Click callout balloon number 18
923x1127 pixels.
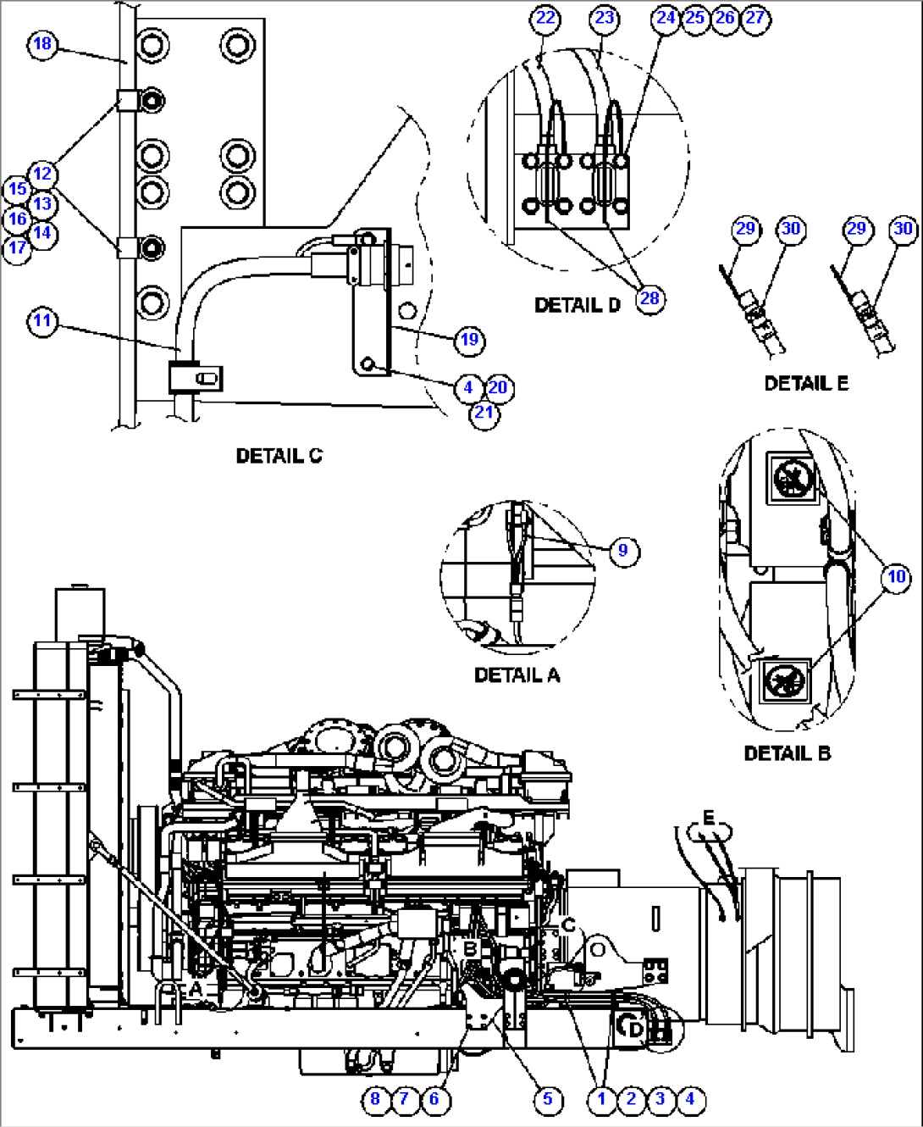[42, 43]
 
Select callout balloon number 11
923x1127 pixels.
[42, 321]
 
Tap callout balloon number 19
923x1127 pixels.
[469, 340]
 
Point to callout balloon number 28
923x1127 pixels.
[649, 298]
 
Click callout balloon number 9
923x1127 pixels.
[623, 551]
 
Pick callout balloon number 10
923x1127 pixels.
[896, 577]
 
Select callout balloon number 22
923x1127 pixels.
[546, 18]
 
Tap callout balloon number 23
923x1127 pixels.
[605, 18]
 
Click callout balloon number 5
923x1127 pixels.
[547, 1099]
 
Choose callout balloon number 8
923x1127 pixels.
[375, 1099]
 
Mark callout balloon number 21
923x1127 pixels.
[484, 413]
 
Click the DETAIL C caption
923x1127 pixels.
[279, 456]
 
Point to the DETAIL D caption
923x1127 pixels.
[577, 305]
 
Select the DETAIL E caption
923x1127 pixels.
[805, 384]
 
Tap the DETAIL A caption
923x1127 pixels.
[517, 675]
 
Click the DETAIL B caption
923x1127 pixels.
[787, 753]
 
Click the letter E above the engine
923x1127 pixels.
[708, 818]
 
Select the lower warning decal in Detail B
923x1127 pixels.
[783, 680]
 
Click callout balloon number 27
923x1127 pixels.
[754, 18]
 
